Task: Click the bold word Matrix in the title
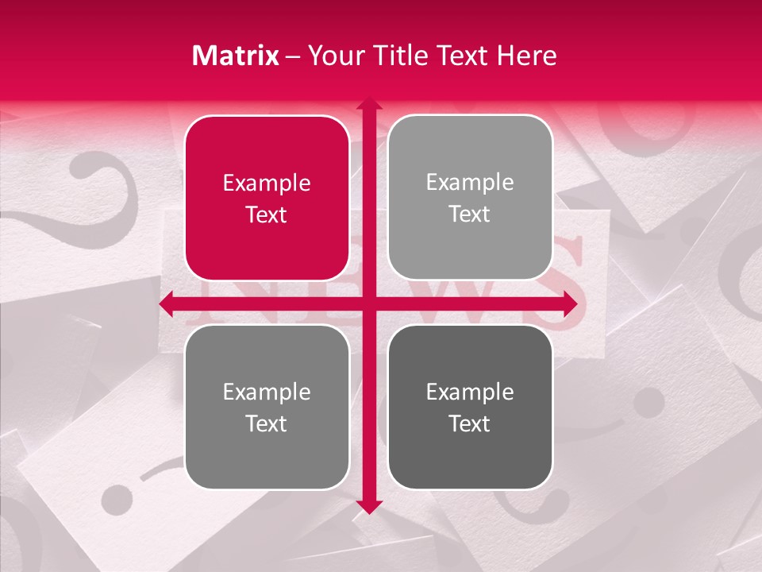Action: click(x=236, y=56)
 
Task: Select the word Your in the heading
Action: click(x=336, y=56)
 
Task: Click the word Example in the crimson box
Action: click(x=267, y=184)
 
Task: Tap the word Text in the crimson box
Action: click(x=267, y=215)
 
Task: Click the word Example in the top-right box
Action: click(x=470, y=183)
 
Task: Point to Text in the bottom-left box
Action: click(x=267, y=424)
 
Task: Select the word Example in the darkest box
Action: click(x=470, y=392)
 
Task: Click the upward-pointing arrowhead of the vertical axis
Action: click(x=369, y=104)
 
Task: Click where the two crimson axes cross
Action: click(x=369, y=304)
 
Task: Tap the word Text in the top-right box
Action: click(x=470, y=214)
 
